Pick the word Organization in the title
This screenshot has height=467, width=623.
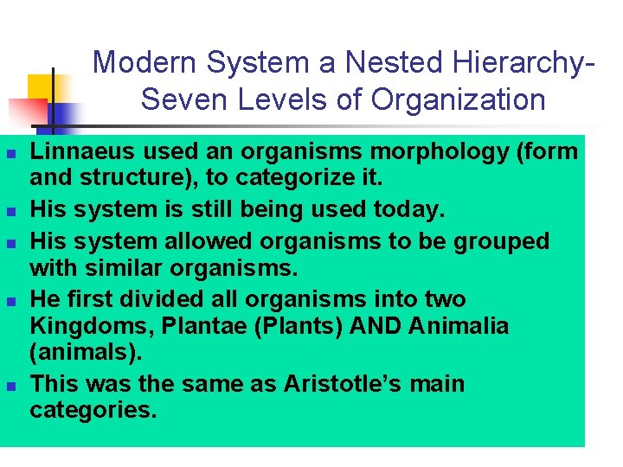tap(459, 99)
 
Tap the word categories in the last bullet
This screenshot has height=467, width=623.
tap(93, 409)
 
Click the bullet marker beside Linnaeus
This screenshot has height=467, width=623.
tap(10, 154)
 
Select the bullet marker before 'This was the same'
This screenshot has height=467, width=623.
tap(10, 385)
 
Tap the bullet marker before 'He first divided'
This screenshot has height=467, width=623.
tap(10, 301)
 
